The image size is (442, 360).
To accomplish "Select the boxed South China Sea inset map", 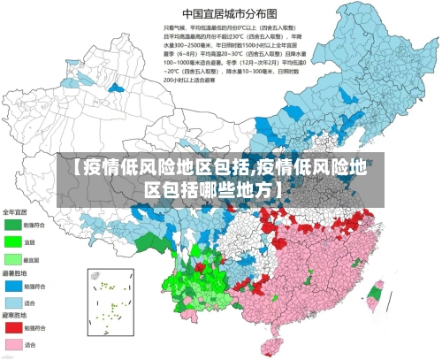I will pyautogui.click(x=110, y=298).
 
